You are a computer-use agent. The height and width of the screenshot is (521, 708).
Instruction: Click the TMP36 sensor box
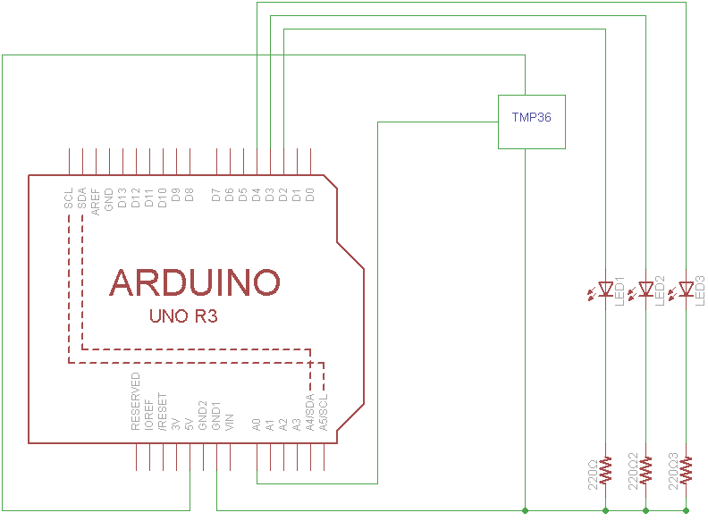coord(532,121)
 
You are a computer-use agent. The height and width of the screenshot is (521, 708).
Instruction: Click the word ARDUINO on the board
coord(195,282)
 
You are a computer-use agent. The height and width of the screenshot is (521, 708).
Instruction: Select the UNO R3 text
coord(183,316)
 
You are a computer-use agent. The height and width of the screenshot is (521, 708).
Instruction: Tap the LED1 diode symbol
coord(606,289)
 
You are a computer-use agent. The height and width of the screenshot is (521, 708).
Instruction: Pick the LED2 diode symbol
coord(646,289)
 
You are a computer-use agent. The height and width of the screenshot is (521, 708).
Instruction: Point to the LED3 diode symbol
coord(687,289)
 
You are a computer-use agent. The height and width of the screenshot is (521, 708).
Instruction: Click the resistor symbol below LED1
coord(606,470)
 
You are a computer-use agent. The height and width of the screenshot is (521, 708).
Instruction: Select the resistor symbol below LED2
coord(646,470)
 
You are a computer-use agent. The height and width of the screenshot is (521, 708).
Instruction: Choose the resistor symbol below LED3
coord(687,470)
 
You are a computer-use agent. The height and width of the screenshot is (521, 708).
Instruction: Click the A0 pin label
coord(257,424)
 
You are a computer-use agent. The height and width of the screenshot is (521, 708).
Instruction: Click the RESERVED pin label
coord(136,402)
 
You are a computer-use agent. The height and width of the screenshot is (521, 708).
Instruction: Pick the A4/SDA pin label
coord(310,412)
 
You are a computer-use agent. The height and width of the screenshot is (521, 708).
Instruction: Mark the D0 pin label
coord(310,195)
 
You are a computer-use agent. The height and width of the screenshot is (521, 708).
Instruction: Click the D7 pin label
coord(216,195)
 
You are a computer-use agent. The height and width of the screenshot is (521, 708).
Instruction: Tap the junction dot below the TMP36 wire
coord(525,510)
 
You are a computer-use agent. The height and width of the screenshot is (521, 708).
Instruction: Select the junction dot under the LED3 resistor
coord(687,510)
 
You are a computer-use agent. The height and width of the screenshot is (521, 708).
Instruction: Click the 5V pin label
coord(190,424)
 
